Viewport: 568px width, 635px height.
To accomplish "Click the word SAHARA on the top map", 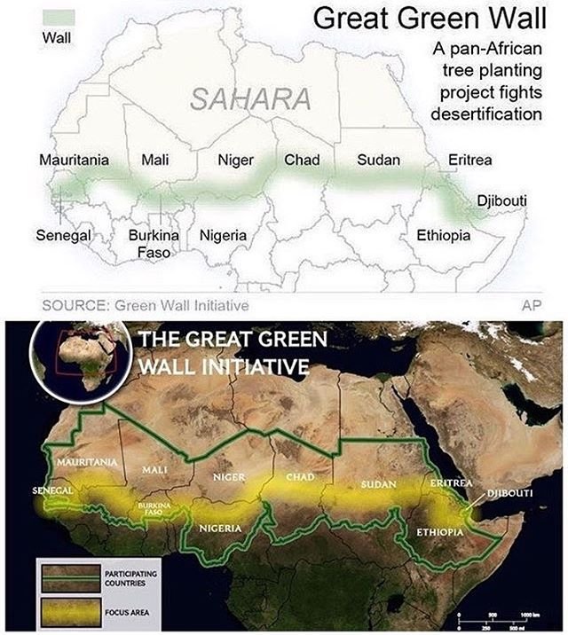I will pyautogui.click(x=249, y=99).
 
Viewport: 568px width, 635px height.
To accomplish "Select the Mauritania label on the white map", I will pyautogui.click(x=74, y=161).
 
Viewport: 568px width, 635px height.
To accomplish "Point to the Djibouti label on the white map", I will pyautogui.click(x=501, y=201).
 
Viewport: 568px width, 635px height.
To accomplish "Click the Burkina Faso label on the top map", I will pyautogui.click(x=154, y=244).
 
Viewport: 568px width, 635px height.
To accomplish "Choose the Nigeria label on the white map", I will pyautogui.click(x=223, y=236).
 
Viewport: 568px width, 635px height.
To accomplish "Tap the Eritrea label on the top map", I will pyautogui.click(x=469, y=161).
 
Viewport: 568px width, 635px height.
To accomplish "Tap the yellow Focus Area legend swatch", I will pyautogui.click(x=65, y=609).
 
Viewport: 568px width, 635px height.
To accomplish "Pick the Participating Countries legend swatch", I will pyautogui.click(x=65, y=576).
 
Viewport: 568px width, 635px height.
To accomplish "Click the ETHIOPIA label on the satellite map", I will pyautogui.click(x=440, y=532).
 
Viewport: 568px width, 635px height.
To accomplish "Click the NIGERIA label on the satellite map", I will pyautogui.click(x=221, y=529).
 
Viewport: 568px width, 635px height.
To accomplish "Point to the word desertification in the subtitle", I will pyautogui.click(x=485, y=115).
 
